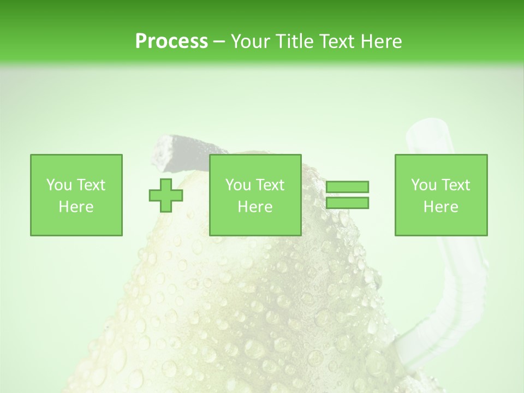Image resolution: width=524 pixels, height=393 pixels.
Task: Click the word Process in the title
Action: [x=171, y=41]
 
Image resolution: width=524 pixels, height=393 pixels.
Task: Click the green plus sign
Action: [x=166, y=195]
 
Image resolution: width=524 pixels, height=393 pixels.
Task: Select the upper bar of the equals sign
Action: [x=348, y=187]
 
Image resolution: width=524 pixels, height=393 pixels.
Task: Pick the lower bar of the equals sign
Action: [x=348, y=203]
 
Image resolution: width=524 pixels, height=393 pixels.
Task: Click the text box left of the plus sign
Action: [x=76, y=195]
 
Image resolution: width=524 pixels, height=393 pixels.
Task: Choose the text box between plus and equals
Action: [x=255, y=195]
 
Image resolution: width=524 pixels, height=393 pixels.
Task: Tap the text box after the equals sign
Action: [x=441, y=195]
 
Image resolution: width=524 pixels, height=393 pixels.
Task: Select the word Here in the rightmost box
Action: [x=441, y=207]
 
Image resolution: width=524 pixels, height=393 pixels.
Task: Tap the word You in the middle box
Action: [x=238, y=185]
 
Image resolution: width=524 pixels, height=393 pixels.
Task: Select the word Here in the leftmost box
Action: [x=76, y=207]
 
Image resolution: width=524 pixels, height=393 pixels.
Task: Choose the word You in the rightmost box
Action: [x=424, y=185]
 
